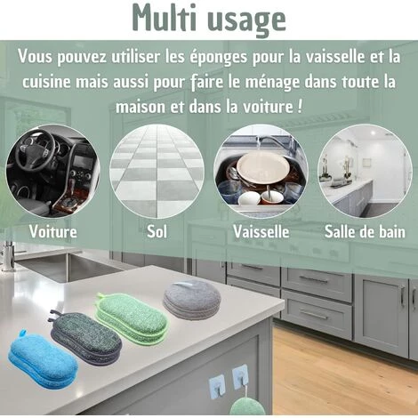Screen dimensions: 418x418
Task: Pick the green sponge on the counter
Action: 132,318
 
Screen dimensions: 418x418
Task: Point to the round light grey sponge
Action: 192,300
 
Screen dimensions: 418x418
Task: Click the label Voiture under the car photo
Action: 53,231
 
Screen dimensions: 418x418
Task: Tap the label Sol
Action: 157,231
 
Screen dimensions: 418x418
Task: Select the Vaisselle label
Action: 261,231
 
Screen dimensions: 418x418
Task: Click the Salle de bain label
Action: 365,231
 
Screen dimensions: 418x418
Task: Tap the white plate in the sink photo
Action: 263,169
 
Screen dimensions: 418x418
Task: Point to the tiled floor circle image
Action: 157,172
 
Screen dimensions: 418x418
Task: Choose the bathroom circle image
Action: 365,172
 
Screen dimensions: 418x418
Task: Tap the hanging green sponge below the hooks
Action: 247,406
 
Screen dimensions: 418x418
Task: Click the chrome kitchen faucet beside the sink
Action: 8,256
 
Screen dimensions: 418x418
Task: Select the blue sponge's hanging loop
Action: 22,333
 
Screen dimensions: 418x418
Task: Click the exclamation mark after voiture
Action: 300,106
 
